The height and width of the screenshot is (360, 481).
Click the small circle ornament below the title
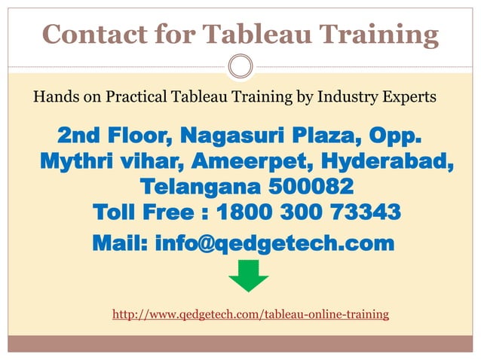click(x=240, y=67)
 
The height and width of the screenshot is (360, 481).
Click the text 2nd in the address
click(x=80, y=138)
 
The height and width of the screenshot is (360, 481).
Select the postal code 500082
click(x=310, y=186)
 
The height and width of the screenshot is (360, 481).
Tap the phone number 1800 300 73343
click(x=308, y=212)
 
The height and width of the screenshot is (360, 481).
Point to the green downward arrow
click(x=248, y=275)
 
